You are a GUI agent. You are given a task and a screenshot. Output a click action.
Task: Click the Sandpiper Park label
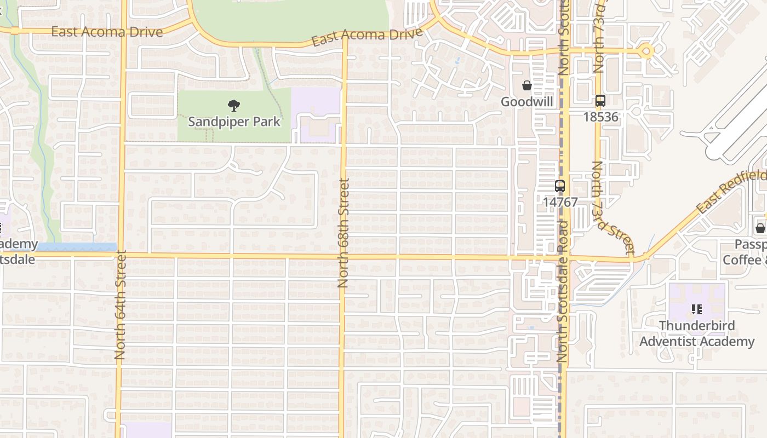pyautogui.click(x=234, y=122)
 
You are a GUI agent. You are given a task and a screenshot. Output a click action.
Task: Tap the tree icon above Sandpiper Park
pyautogui.click(x=234, y=105)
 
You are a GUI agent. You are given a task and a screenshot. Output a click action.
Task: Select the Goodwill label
pyautogui.click(x=526, y=102)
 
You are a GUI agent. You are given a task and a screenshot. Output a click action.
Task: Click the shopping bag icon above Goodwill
pyautogui.click(x=526, y=85)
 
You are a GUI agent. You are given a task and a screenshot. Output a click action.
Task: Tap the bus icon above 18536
pyautogui.click(x=600, y=101)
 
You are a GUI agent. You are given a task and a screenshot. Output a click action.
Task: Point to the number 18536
pyautogui.click(x=600, y=117)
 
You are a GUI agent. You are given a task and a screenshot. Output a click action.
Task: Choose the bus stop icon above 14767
pyautogui.click(x=559, y=186)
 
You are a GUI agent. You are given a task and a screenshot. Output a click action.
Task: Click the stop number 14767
pyautogui.click(x=560, y=202)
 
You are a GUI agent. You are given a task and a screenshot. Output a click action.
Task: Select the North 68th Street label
pyautogui.click(x=344, y=233)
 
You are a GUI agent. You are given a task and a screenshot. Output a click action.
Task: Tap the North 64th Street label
pyautogui.click(x=121, y=304)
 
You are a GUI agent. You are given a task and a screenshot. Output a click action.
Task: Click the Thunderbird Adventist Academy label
pyautogui.click(x=697, y=333)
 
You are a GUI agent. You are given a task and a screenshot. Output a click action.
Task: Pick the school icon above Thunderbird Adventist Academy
pyautogui.click(x=697, y=309)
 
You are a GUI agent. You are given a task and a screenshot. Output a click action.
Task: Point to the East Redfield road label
pyautogui.click(x=731, y=192)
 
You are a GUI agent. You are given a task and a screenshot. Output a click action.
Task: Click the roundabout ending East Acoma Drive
pyautogui.click(x=647, y=51)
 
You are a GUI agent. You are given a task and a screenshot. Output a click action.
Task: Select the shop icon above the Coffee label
pyautogui.click(x=760, y=228)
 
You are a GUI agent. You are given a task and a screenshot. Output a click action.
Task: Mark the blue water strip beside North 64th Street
pyautogui.click(x=77, y=247)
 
